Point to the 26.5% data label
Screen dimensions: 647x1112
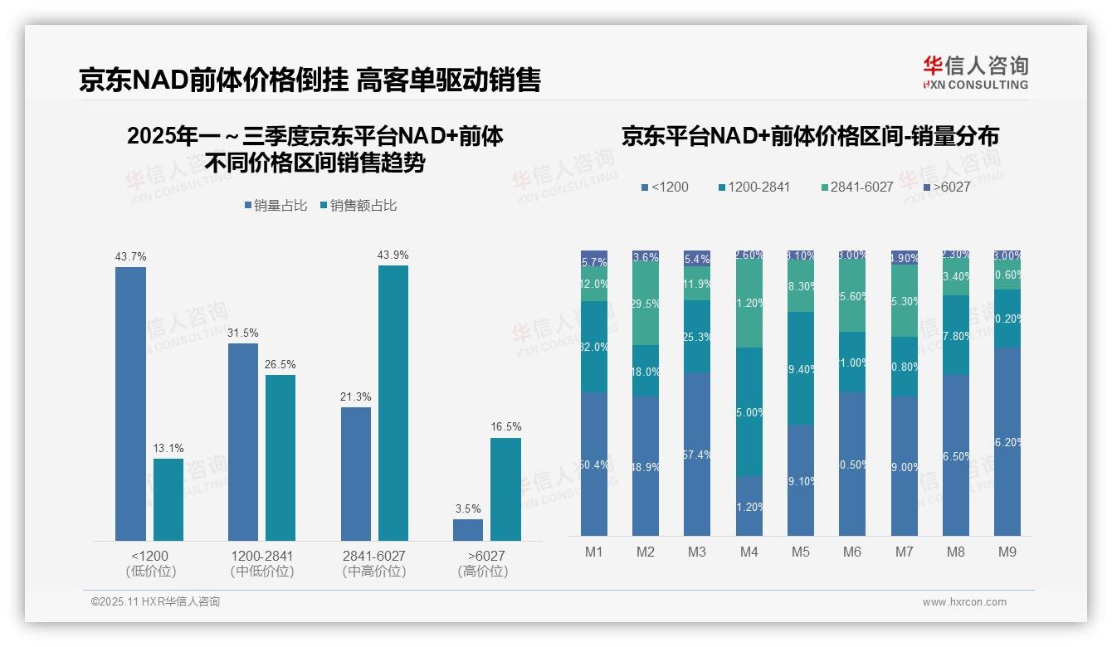click(x=280, y=365)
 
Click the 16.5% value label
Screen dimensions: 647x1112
click(x=506, y=427)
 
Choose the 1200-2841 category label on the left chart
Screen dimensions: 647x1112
click(x=262, y=556)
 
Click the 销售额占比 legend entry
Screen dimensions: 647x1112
click(x=358, y=206)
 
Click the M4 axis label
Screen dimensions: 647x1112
click(x=749, y=552)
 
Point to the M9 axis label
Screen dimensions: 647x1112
click(x=1007, y=552)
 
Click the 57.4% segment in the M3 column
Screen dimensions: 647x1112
click(x=697, y=455)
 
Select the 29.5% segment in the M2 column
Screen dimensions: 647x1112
click(x=646, y=304)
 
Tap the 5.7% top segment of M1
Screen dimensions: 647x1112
click(x=594, y=259)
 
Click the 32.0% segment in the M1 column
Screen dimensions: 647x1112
click(x=594, y=347)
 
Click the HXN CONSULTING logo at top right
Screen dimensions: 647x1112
click(x=975, y=73)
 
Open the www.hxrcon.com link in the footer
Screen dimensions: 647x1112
click(x=964, y=602)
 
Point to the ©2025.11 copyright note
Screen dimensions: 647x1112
click(x=155, y=602)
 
